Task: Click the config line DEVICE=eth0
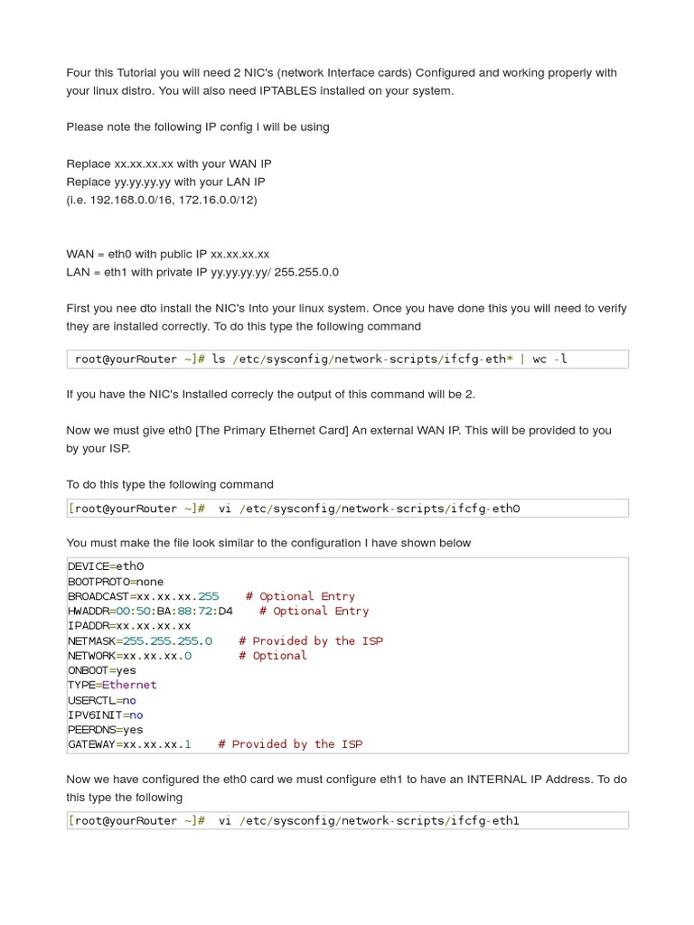coord(106,566)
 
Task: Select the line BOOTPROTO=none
coord(116,582)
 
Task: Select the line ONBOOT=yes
coord(102,670)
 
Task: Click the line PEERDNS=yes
coord(106,730)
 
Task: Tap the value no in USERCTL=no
coord(129,700)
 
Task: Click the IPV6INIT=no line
coord(106,715)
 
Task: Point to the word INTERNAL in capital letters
coord(500,779)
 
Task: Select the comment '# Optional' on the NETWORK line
coord(273,656)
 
